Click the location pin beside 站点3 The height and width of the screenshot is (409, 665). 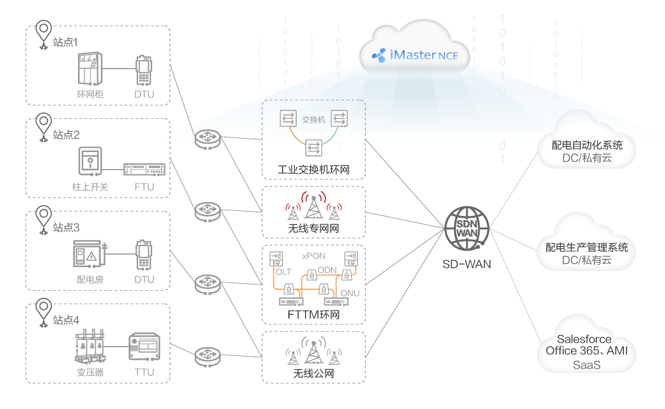pos(43,216)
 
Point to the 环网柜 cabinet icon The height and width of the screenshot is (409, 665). pos(89,69)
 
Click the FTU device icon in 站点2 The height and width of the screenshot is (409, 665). pos(144,169)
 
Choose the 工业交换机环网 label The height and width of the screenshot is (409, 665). pos(313,171)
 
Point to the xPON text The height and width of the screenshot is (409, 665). pos(313,256)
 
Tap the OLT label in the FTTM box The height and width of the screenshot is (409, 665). pos(283,272)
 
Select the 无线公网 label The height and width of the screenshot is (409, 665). pos(313,373)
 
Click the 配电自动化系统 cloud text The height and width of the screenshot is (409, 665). pos(587,145)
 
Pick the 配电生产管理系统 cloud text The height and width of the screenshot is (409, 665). pos(586,247)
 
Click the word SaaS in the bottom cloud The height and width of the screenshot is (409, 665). pos(586,365)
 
